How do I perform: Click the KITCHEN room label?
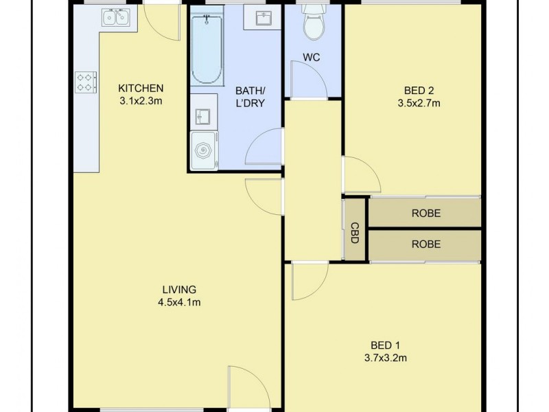pos(141,88)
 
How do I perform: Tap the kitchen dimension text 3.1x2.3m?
pos(141,102)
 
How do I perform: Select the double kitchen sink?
pos(115,17)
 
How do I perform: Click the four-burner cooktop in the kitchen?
pos(86,82)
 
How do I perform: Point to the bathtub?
pos(206,49)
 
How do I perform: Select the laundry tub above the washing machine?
pos(203,117)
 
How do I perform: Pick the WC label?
pos(312,58)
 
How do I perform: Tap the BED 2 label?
pos(418,90)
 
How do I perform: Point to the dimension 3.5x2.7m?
pos(418,104)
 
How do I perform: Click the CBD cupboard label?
pos(355,229)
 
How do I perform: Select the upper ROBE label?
pos(425,214)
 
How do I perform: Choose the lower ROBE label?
pos(425,244)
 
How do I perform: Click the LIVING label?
pos(179,289)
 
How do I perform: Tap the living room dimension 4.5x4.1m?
pos(179,302)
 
